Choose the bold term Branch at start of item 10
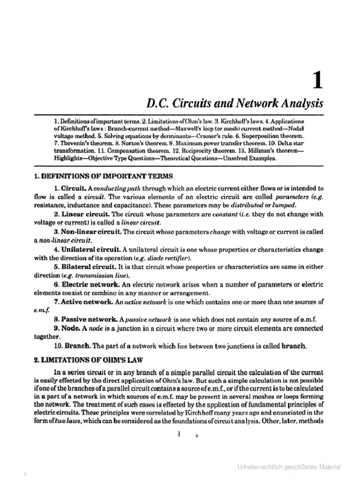pyautogui.click(x=77, y=346)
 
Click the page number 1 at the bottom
pyautogui.click(x=179, y=435)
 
